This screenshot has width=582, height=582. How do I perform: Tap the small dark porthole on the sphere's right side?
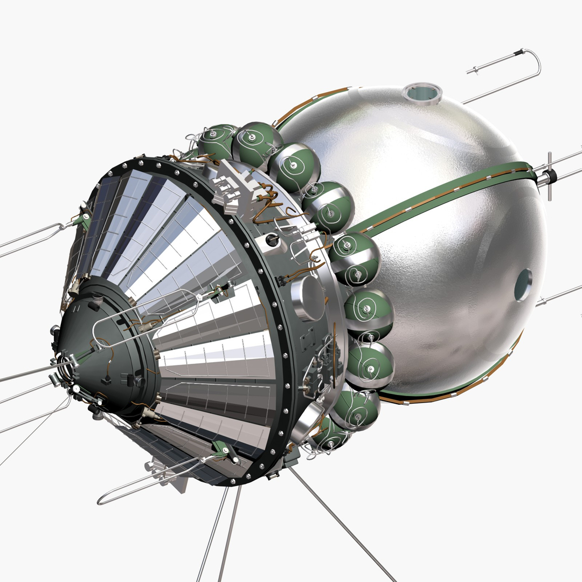click(523, 285)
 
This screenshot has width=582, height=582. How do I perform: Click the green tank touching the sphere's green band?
click(354, 258)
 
